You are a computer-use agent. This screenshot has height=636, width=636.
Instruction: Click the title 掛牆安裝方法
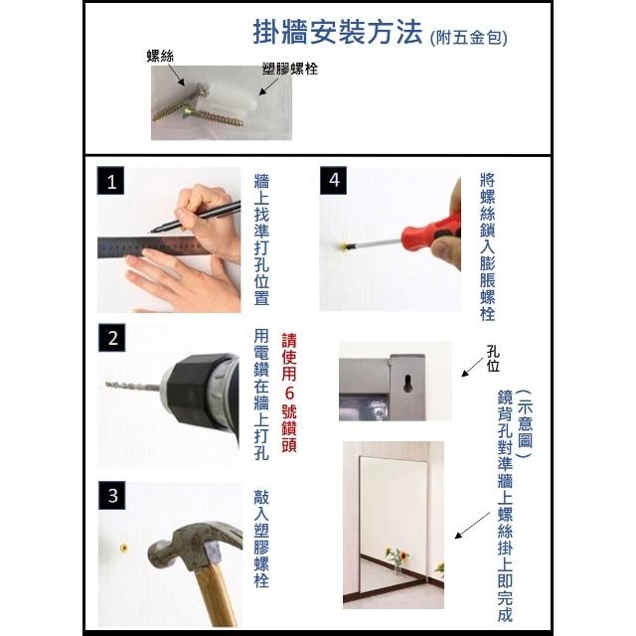[338, 32]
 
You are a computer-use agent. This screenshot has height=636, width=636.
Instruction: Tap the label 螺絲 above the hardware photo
[160, 56]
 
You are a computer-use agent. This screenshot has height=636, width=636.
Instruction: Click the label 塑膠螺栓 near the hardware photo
[289, 69]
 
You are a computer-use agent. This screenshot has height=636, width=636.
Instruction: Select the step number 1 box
[110, 181]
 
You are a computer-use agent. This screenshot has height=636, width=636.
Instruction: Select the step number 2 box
[112, 338]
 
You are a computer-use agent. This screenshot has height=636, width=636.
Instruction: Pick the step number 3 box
[112, 495]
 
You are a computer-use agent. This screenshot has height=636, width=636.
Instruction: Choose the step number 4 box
[334, 180]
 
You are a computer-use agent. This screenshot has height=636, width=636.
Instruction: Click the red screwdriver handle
[431, 232]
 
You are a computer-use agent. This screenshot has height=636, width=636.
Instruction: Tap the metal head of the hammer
[191, 544]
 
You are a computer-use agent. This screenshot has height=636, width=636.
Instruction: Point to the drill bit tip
[107, 384]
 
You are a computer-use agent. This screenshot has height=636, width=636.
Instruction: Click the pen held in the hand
[195, 218]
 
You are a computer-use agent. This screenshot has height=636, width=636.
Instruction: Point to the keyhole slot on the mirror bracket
[407, 384]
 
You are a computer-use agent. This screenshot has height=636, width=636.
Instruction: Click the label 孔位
[493, 359]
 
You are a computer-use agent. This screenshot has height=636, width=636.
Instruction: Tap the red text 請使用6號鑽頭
[289, 393]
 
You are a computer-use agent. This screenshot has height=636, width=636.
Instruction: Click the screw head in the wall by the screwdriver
[344, 245]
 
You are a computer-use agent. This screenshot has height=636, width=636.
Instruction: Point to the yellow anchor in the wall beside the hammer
[124, 549]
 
